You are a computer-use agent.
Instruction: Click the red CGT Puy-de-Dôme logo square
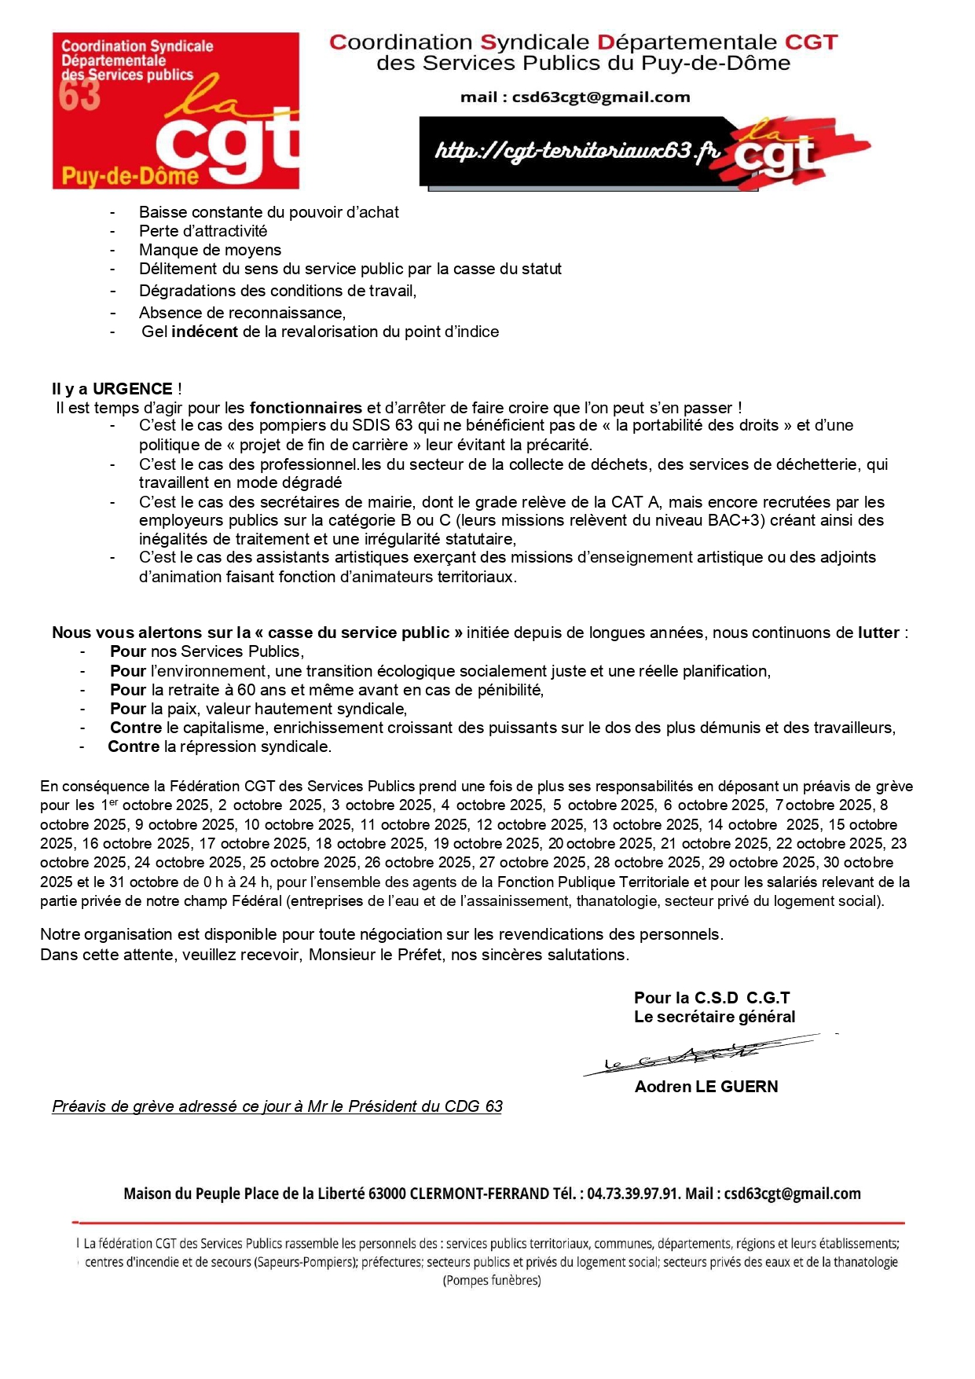(x=175, y=110)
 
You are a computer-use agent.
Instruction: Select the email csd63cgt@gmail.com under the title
(x=600, y=97)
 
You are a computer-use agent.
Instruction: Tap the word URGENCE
(x=132, y=389)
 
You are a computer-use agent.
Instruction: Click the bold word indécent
(x=204, y=332)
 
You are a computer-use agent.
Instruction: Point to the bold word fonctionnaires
(x=306, y=408)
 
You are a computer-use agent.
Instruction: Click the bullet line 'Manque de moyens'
(x=210, y=250)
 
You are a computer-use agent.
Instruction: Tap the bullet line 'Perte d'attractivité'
(x=203, y=231)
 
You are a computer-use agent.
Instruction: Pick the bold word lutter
(x=878, y=633)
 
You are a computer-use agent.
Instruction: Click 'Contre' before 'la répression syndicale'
(x=134, y=746)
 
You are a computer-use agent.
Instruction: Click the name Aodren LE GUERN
(x=706, y=1087)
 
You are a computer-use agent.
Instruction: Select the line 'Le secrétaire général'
(x=714, y=1017)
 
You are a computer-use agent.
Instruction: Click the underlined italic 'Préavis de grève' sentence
(x=277, y=1106)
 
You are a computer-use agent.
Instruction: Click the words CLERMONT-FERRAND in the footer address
(x=478, y=1194)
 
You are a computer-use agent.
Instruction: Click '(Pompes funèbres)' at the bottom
(x=492, y=1280)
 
